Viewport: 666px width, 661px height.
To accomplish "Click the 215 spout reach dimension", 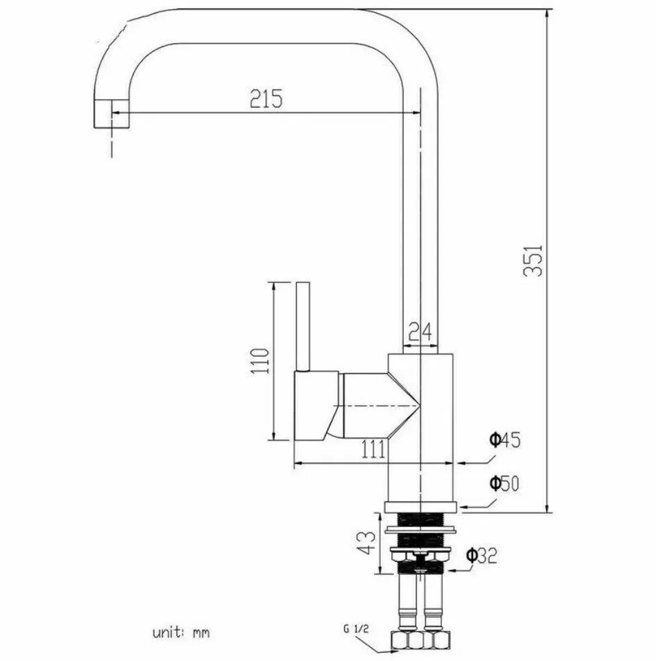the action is click(x=266, y=99).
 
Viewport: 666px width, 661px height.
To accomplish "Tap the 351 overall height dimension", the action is click(x=533, y=260).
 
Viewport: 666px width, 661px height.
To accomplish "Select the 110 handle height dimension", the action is click(x=260, y=361).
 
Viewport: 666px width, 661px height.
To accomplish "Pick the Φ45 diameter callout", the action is click(x=504, y=439).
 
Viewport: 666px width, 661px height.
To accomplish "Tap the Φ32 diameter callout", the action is click(x=481, y=555).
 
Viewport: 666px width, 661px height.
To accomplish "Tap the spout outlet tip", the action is click(x=111, y=114).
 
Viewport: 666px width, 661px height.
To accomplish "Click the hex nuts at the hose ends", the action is click(x=420, y=639).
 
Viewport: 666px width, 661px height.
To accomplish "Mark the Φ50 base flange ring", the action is click(x=420, y=506).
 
